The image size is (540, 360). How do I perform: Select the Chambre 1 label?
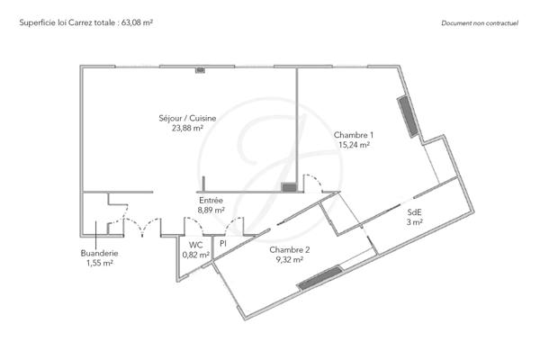tap(354, 134)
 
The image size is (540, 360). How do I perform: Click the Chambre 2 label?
tap(290, 249)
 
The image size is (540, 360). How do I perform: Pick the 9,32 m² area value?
tap(290, 259)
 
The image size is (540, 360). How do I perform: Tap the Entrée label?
tap(211, 200)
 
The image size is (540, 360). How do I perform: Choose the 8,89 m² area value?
tap(211, 210)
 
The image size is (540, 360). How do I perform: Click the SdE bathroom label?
tap(414, 212)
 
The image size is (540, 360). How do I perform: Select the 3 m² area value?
tap(414, 222)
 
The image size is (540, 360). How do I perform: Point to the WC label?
tap(195, 244)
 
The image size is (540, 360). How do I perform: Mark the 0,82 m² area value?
tap(195, 255)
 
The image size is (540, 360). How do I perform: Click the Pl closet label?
tap(221, 244)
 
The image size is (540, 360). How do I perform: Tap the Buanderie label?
tap(99, 253)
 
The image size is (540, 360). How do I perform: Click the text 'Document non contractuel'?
tap(481, 22)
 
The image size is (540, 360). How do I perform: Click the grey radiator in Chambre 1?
tap(407, 115)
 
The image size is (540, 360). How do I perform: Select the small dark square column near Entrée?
tap(290, 187)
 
